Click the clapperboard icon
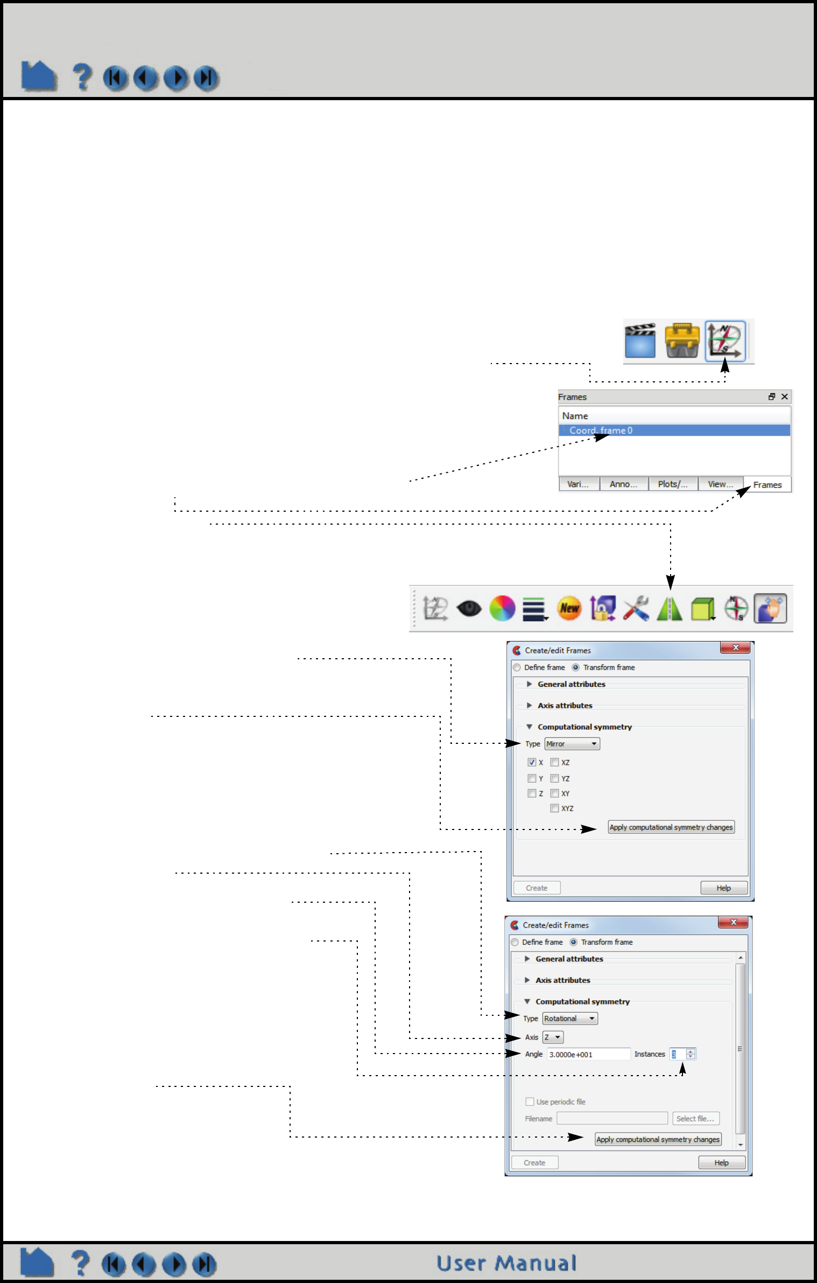(x=640, y=340)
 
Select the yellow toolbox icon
(x=682, y=340)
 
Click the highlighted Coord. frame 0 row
(x=674, y=430)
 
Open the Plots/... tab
(x=673, y=484)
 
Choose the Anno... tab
(x=623, y=484)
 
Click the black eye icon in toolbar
(x=469, y=609)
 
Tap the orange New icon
(x=569, y=609)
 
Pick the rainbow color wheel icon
(x=502, y=609)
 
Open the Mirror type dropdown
(x=572, y=744)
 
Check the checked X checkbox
(x=532, y=762)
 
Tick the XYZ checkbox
(x=554, y=808)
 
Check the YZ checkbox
(x=554, y=778)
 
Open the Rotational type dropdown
(x=569, y=1019)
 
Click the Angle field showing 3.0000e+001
(x=588, y=1054)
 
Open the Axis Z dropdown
(x=553, y=1037)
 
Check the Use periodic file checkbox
(x=530, y=1101)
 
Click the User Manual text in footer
(x=506, y=1263)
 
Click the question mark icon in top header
(x=82, y=76)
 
